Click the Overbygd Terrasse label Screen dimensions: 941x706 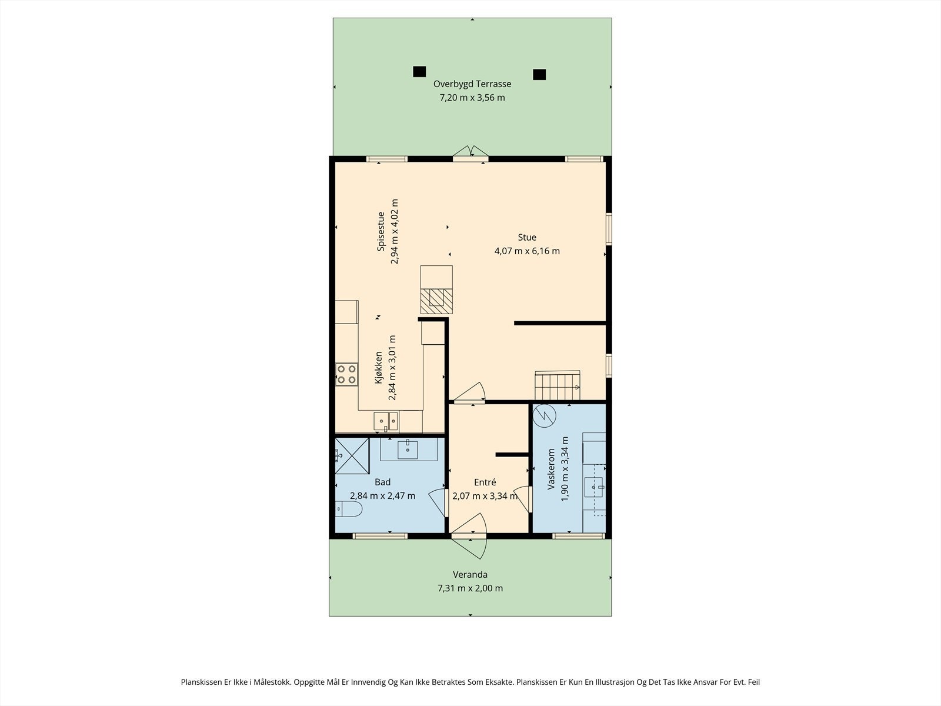pyautogui.click(x=472, y=84)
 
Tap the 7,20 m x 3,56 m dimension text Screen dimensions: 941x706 pyautogui.click(x=472, y=98)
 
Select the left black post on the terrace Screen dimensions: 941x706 pyautogui.click(x=419, y=72)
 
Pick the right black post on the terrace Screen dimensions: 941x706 pyautogui.click(x=539, y=75)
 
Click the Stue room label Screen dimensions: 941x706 pyautogui.click(x=527, y=238)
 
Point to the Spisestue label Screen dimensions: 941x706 pyautogui.click(x=381, y=231)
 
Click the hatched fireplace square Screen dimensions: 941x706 pyautogui.click(x=436, y=301)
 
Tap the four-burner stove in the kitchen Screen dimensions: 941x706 pyautogui.click(x=347, y=374)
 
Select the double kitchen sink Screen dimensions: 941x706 pyautogui.click(x=386, y=421)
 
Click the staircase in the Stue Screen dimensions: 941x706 pyautogui.click(x=558, y=385)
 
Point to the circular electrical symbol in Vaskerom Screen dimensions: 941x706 pyautogui.click(x=545, y=416)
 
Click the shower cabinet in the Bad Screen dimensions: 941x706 pyautogui.click(x=352, y=455)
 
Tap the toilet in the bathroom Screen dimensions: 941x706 pyautogui.click(x=349, y=509)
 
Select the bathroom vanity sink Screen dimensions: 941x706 pyautogui.click(x=407, y=449)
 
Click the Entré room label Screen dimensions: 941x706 pyautogui.click(x=485, y=482)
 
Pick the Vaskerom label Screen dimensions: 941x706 pyautogui.click(x=551, y=469)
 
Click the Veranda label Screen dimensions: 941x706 pyautogui.click(x=470, y=575)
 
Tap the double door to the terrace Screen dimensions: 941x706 pyautogui.click(x=470, y=154)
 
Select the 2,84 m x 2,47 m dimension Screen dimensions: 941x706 pyautogui.click(x=382, y=496)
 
